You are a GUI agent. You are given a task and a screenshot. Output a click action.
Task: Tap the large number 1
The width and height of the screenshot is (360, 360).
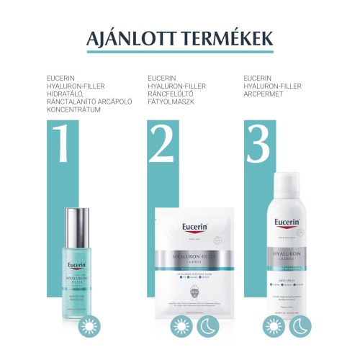(x=62, y=145)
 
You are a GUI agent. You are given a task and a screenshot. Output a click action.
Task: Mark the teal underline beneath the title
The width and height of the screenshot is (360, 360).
(x=180, y=52)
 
